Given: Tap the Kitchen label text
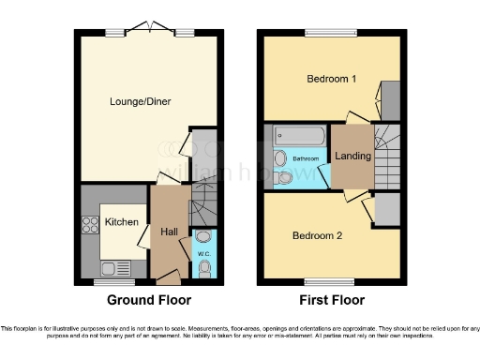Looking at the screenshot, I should tap(122, 223).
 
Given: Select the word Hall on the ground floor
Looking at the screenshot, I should tap(169, 232).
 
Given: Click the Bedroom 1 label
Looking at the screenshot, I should tap(333, 80).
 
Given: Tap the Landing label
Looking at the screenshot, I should tap(352, 156).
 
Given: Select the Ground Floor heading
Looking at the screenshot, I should tap(149, 301).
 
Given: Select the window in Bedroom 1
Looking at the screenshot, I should tap(330, 34).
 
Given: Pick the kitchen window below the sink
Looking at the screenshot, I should tap(114, 279).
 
